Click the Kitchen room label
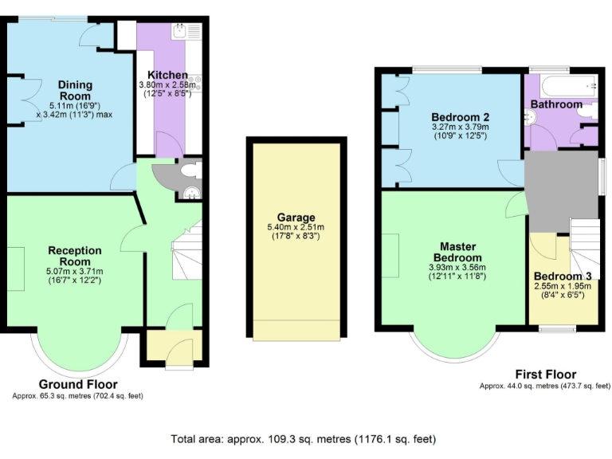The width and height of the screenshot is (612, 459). pos(168,75)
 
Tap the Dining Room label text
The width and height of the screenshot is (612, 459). pos(75,90)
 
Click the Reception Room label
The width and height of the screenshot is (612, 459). pos(75,256)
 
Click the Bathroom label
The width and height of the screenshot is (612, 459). pos(557,104)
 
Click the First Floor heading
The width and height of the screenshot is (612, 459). pos(545,375)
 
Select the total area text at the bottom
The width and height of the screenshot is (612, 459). pos(304,439)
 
